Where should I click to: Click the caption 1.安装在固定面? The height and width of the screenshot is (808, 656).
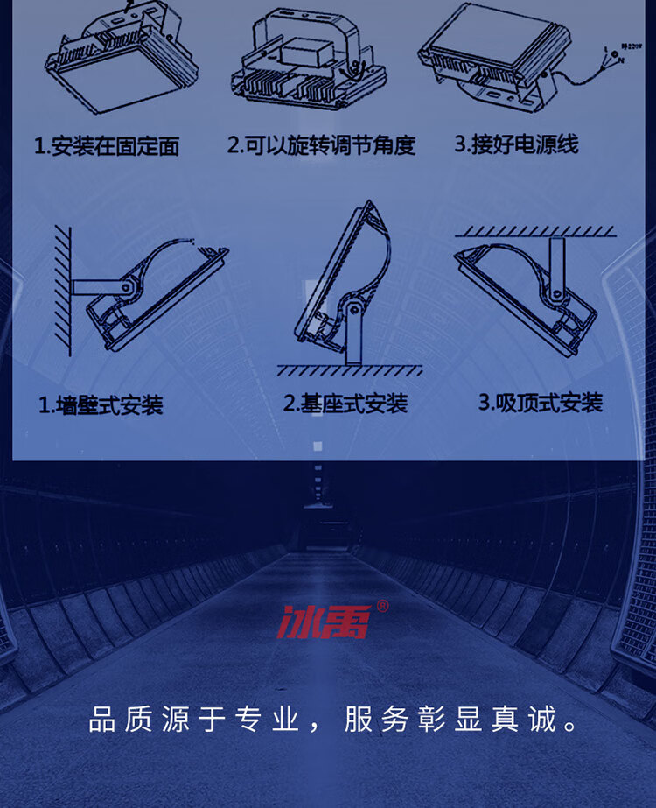(x=107, y=146)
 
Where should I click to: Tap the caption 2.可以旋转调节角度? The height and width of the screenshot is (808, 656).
(x=321, y=145)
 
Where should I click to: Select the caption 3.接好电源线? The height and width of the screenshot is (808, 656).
(x=516, y=144)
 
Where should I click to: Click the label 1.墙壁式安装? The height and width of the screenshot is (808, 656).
(x=101, y=405)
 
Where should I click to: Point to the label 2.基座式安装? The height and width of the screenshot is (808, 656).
(x=345, y=404)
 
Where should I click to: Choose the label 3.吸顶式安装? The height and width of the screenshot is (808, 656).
(x=541, y=403)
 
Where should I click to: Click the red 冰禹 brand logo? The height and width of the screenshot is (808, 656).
(x=325, y=622)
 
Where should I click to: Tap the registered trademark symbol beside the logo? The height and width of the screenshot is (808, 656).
(x=382, y=606)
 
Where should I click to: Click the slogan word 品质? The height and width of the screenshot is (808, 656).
(x=121, y=720)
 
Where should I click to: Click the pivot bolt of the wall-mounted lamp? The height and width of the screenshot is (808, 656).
(x=126, y=287)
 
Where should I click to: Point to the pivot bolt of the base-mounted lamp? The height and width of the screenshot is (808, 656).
(x=353, y=310)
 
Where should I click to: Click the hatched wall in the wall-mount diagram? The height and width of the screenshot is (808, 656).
(x=63, y=291)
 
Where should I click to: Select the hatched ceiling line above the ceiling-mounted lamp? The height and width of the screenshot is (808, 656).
(x=535, y=231)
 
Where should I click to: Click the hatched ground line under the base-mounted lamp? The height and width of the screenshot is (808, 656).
(x=350, y=370)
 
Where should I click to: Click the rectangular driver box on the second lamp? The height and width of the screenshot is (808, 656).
(x=308, y=53)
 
